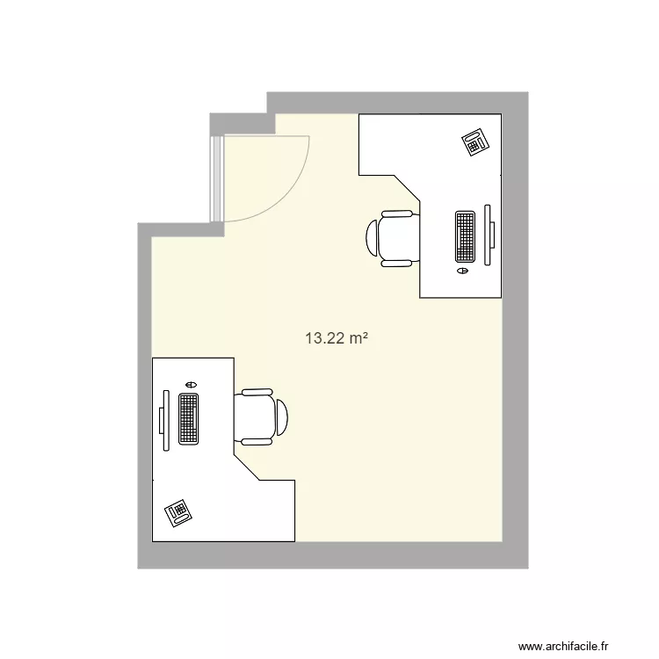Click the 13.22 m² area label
point(334,337)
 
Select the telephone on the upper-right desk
point(476,141)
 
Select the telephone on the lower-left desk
point(178,511)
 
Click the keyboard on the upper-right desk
point(465,236)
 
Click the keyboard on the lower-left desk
point(188,417)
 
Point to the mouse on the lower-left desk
point(191,384)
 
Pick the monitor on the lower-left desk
point(162,421)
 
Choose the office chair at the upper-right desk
point(391,237)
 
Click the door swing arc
point(294,189)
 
